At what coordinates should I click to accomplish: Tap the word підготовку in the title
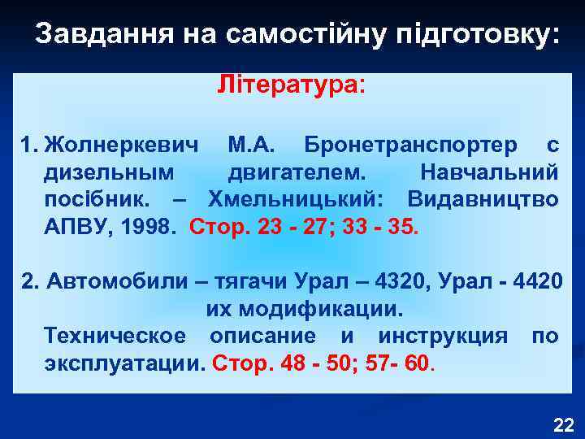(483, 33)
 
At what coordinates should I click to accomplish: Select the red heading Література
(291, 85)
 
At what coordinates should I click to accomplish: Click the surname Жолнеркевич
(121, 146)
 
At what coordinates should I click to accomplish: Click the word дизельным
(109, 172)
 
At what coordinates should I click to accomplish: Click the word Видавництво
(483, 199)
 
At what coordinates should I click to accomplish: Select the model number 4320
(398, 283)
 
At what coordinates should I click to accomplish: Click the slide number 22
(562, 424)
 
